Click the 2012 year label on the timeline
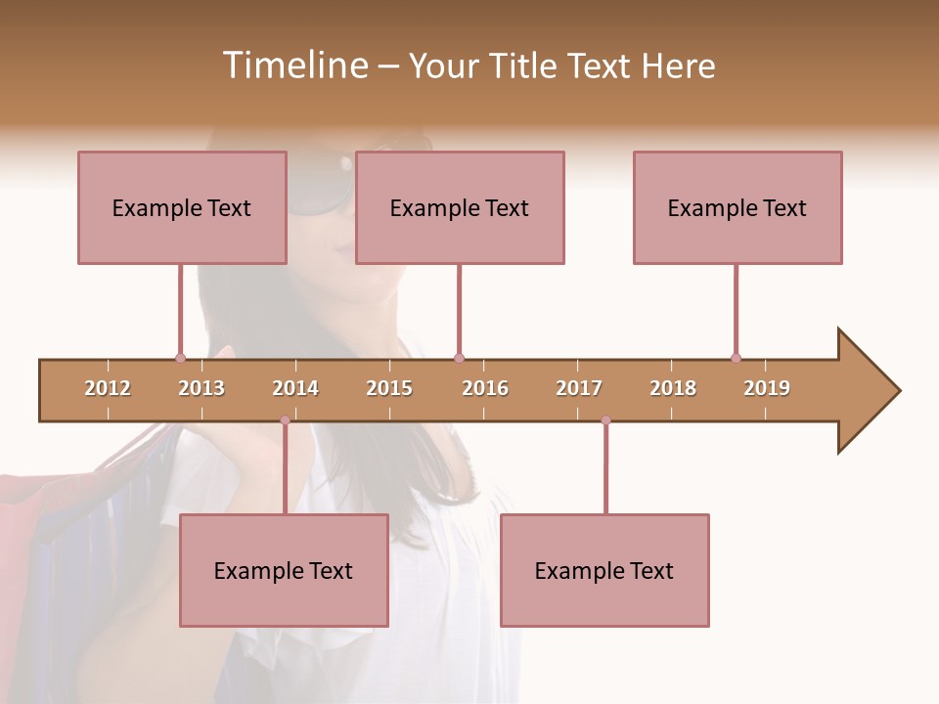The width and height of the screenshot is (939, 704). pos(108,388)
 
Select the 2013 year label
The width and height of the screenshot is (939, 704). pos(201,388)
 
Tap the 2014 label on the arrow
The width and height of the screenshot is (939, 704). pos(295,388)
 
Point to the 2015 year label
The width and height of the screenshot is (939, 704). pos(389,388)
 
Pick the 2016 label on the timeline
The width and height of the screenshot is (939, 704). pos(485,388)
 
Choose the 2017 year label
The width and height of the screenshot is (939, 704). pos(579,388)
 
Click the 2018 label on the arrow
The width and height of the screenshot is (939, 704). pos(673,388)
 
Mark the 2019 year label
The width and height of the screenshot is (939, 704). pos(767,388)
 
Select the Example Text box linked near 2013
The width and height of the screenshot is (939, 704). pos(182,207)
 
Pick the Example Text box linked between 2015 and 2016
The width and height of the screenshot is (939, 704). pos(460,207)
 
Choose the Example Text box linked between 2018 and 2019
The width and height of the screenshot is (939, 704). pos(738,207)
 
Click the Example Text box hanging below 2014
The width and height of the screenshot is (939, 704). pos(284,570)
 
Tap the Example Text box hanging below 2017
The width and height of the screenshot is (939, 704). pos(604,570)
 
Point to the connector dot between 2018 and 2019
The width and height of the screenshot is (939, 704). pos(736,358)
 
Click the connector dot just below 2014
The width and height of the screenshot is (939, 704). pos(285,420)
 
